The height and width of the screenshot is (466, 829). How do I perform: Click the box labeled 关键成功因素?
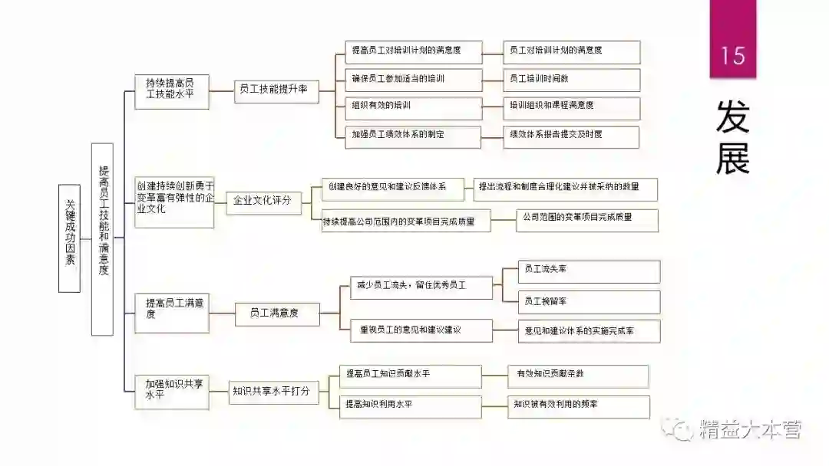[70, 238]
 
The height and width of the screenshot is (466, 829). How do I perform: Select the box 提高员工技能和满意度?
[102, 239]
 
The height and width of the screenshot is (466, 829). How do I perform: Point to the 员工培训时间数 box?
[571, 78]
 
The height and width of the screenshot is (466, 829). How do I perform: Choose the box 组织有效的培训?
[413, 107]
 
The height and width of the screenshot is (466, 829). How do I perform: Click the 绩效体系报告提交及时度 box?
[571, 136]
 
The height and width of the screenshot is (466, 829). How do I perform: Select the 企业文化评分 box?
[263, 201]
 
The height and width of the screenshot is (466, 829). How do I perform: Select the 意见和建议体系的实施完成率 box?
[589, 330]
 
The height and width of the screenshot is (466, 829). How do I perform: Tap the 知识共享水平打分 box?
[273, 392]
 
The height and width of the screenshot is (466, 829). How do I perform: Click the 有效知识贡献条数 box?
[578, 376]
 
